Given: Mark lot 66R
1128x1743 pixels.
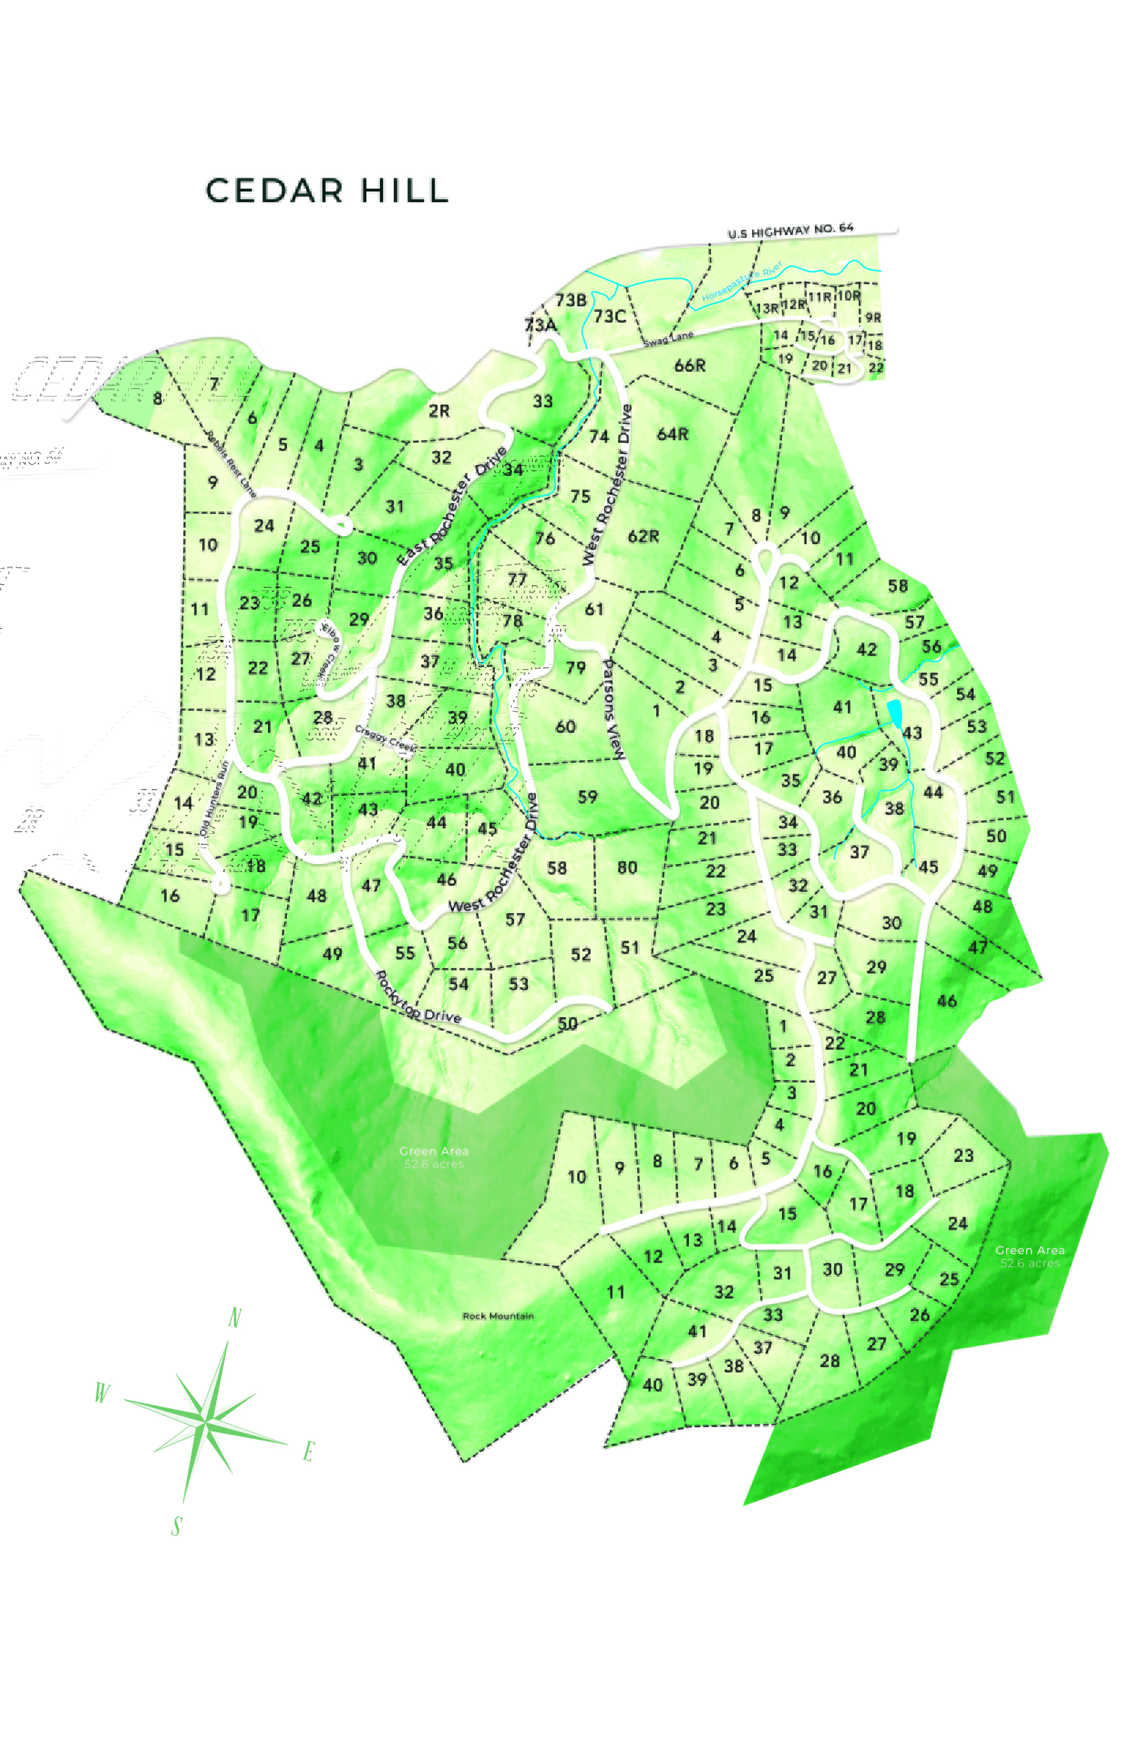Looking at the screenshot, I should [x=690, y=365].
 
